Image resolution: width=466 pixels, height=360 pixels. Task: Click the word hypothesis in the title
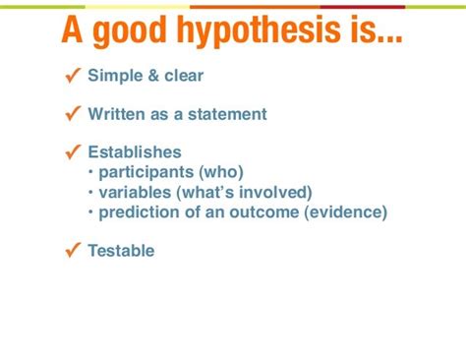click(x=259, y=31)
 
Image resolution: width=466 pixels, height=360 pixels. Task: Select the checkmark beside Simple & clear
click(x=73, y=76)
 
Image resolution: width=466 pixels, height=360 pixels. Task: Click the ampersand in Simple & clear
click(x=153, y=76)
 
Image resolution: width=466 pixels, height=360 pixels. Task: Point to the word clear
click(x=184, y=76)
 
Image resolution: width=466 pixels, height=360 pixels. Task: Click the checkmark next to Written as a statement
click(x=73, y=113)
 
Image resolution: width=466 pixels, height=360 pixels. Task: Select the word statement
click(x=227, y=114)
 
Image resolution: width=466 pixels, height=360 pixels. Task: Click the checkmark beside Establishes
click(x=73, y=151)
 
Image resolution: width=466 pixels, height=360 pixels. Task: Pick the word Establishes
click(x=135, y=152)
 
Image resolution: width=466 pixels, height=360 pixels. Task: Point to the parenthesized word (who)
click(x=221, y=172)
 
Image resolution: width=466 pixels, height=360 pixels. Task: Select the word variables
click(x=135, y=192)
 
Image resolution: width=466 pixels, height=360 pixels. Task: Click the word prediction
click(x=140, y=212)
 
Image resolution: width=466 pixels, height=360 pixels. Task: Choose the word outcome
click(x=264, y=212)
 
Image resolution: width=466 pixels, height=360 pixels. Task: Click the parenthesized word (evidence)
click(x=346, y=212)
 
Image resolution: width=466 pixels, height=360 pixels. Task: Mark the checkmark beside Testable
click(x=73, y=250)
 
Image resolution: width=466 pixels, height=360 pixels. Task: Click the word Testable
click(x=121, y=251)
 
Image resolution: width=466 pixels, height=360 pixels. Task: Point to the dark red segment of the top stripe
click(x=363, y=7)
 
